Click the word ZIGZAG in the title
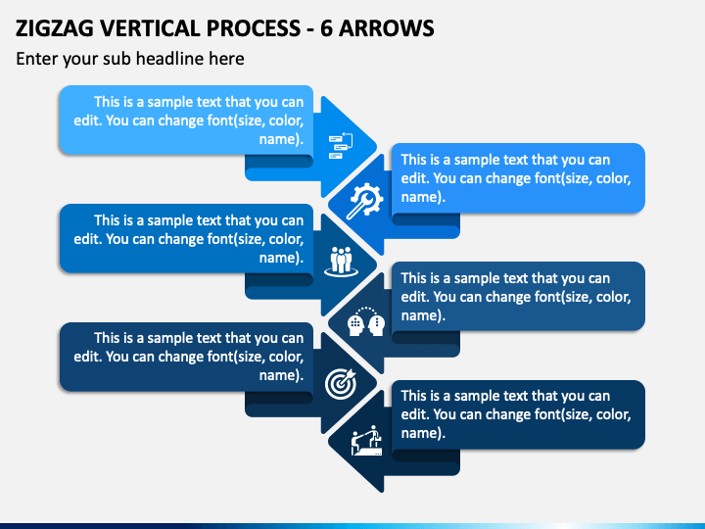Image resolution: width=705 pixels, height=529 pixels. [55, 28]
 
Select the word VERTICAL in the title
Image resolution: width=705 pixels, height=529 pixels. [150, 28]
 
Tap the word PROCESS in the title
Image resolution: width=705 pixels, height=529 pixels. [254, 28]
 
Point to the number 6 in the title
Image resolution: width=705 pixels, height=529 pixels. [326, 28]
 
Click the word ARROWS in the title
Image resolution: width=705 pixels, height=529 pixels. [386, 28]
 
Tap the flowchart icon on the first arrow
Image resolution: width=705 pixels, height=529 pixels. [341, 146]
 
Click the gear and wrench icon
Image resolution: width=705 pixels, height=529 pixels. [364, 201]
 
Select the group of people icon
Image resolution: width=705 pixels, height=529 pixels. [342, 262]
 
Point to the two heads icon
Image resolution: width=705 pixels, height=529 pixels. [366, 321]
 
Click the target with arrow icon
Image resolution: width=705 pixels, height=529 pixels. [341, 384]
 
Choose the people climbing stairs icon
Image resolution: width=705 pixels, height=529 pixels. [366, 441]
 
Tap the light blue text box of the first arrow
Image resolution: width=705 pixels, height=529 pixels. [186, 120]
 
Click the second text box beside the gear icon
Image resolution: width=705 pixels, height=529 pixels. [518, 178]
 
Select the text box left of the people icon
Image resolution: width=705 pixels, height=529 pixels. [186, 238]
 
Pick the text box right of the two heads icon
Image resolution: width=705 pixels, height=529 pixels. [518, 297]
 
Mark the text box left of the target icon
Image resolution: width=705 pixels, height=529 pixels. [186, 357]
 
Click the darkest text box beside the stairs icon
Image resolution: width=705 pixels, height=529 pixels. [518, 414]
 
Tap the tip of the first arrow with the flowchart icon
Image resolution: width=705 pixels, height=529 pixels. [377, 147]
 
